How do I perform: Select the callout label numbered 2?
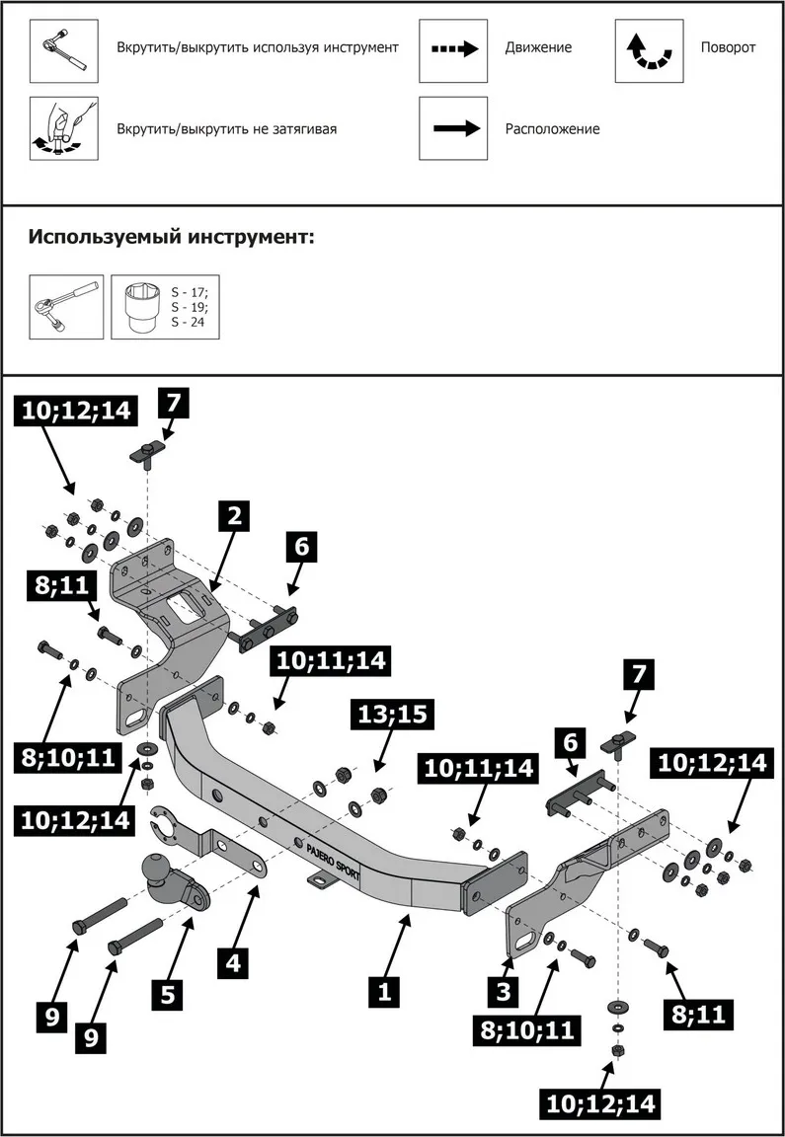click(234, 514)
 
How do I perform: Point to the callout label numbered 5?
click(169, 994)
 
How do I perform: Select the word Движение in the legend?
click(538, 47)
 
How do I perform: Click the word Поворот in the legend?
click(728, 47)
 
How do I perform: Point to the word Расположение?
click(552, 128)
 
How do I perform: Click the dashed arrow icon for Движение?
click(454, 48)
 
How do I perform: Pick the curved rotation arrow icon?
click(649, 48)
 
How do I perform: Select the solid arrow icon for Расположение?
click(454, 128)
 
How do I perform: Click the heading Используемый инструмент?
click(171, 237)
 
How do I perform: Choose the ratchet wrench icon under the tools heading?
click(66, 307)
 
